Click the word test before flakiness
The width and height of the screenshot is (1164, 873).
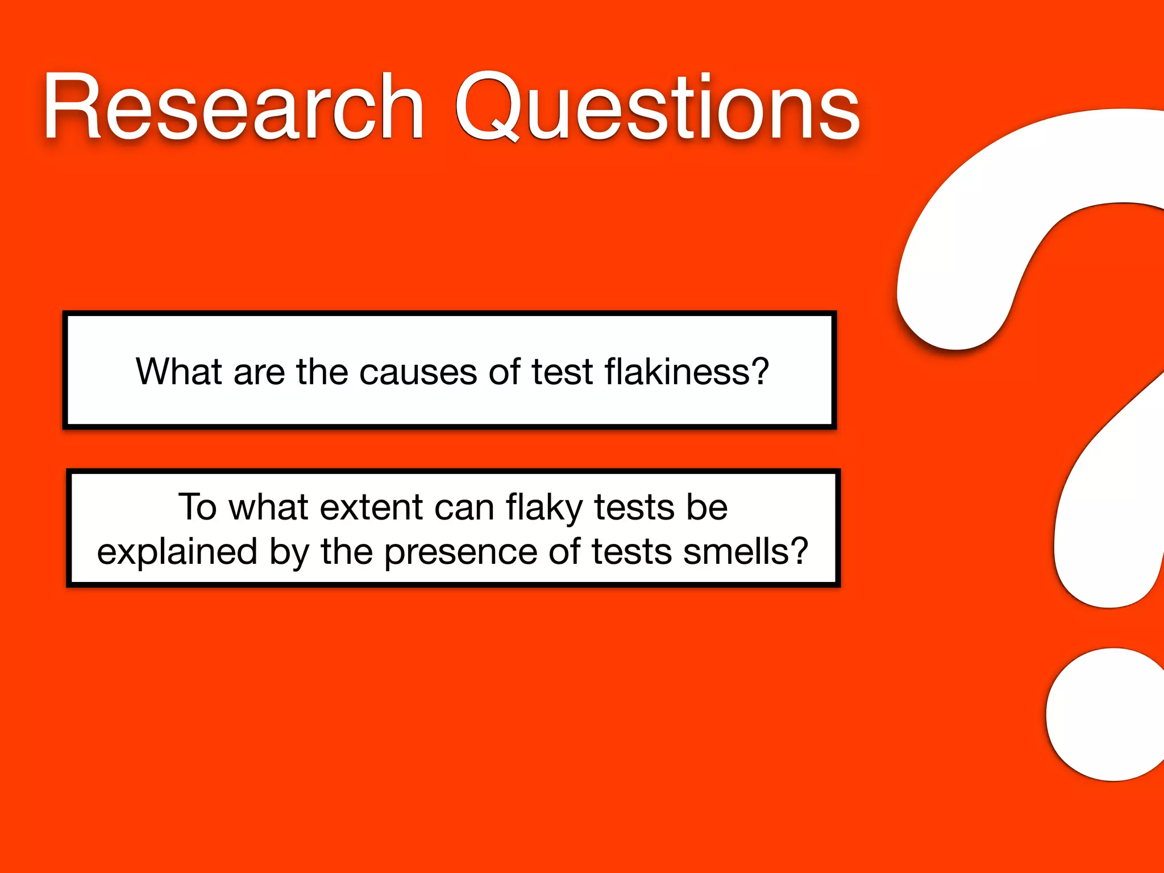click(x=562, y=373)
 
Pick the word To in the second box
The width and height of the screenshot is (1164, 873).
click(x=197, y=507)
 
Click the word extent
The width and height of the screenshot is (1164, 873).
click(x=371, y=507)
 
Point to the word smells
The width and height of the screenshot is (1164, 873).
click(x=745, y=551)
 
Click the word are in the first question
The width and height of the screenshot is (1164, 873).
click(x=259, y=373)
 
